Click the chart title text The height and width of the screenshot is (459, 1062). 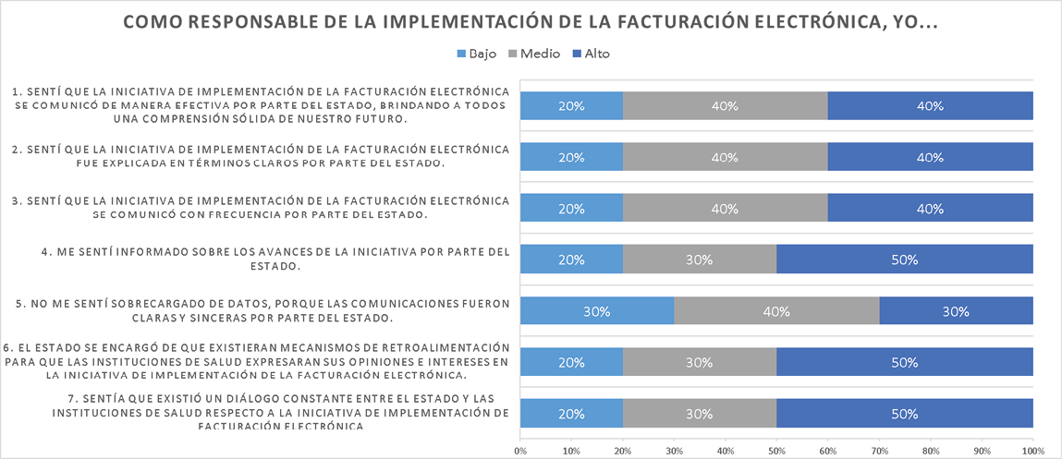531,22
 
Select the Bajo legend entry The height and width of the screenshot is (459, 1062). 477,54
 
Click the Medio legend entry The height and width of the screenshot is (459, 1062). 532,54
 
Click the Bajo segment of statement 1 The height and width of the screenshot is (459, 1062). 571,106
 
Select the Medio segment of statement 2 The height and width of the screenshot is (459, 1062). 725,157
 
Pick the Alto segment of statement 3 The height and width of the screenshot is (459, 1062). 930,209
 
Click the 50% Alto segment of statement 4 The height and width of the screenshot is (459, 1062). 904,260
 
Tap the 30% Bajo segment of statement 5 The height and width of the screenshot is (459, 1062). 597,311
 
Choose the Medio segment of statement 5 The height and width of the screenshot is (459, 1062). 776,311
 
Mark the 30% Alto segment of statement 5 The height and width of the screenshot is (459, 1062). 956,311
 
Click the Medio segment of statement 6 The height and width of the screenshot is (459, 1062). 699,362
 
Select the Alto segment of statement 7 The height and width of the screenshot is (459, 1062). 904,414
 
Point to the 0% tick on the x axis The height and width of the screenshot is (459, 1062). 520,451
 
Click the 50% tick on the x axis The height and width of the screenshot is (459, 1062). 776,451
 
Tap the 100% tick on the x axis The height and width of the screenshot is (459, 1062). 1032,451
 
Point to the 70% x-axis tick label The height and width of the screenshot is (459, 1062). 879,451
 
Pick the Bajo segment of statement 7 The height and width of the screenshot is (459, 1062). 571,414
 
